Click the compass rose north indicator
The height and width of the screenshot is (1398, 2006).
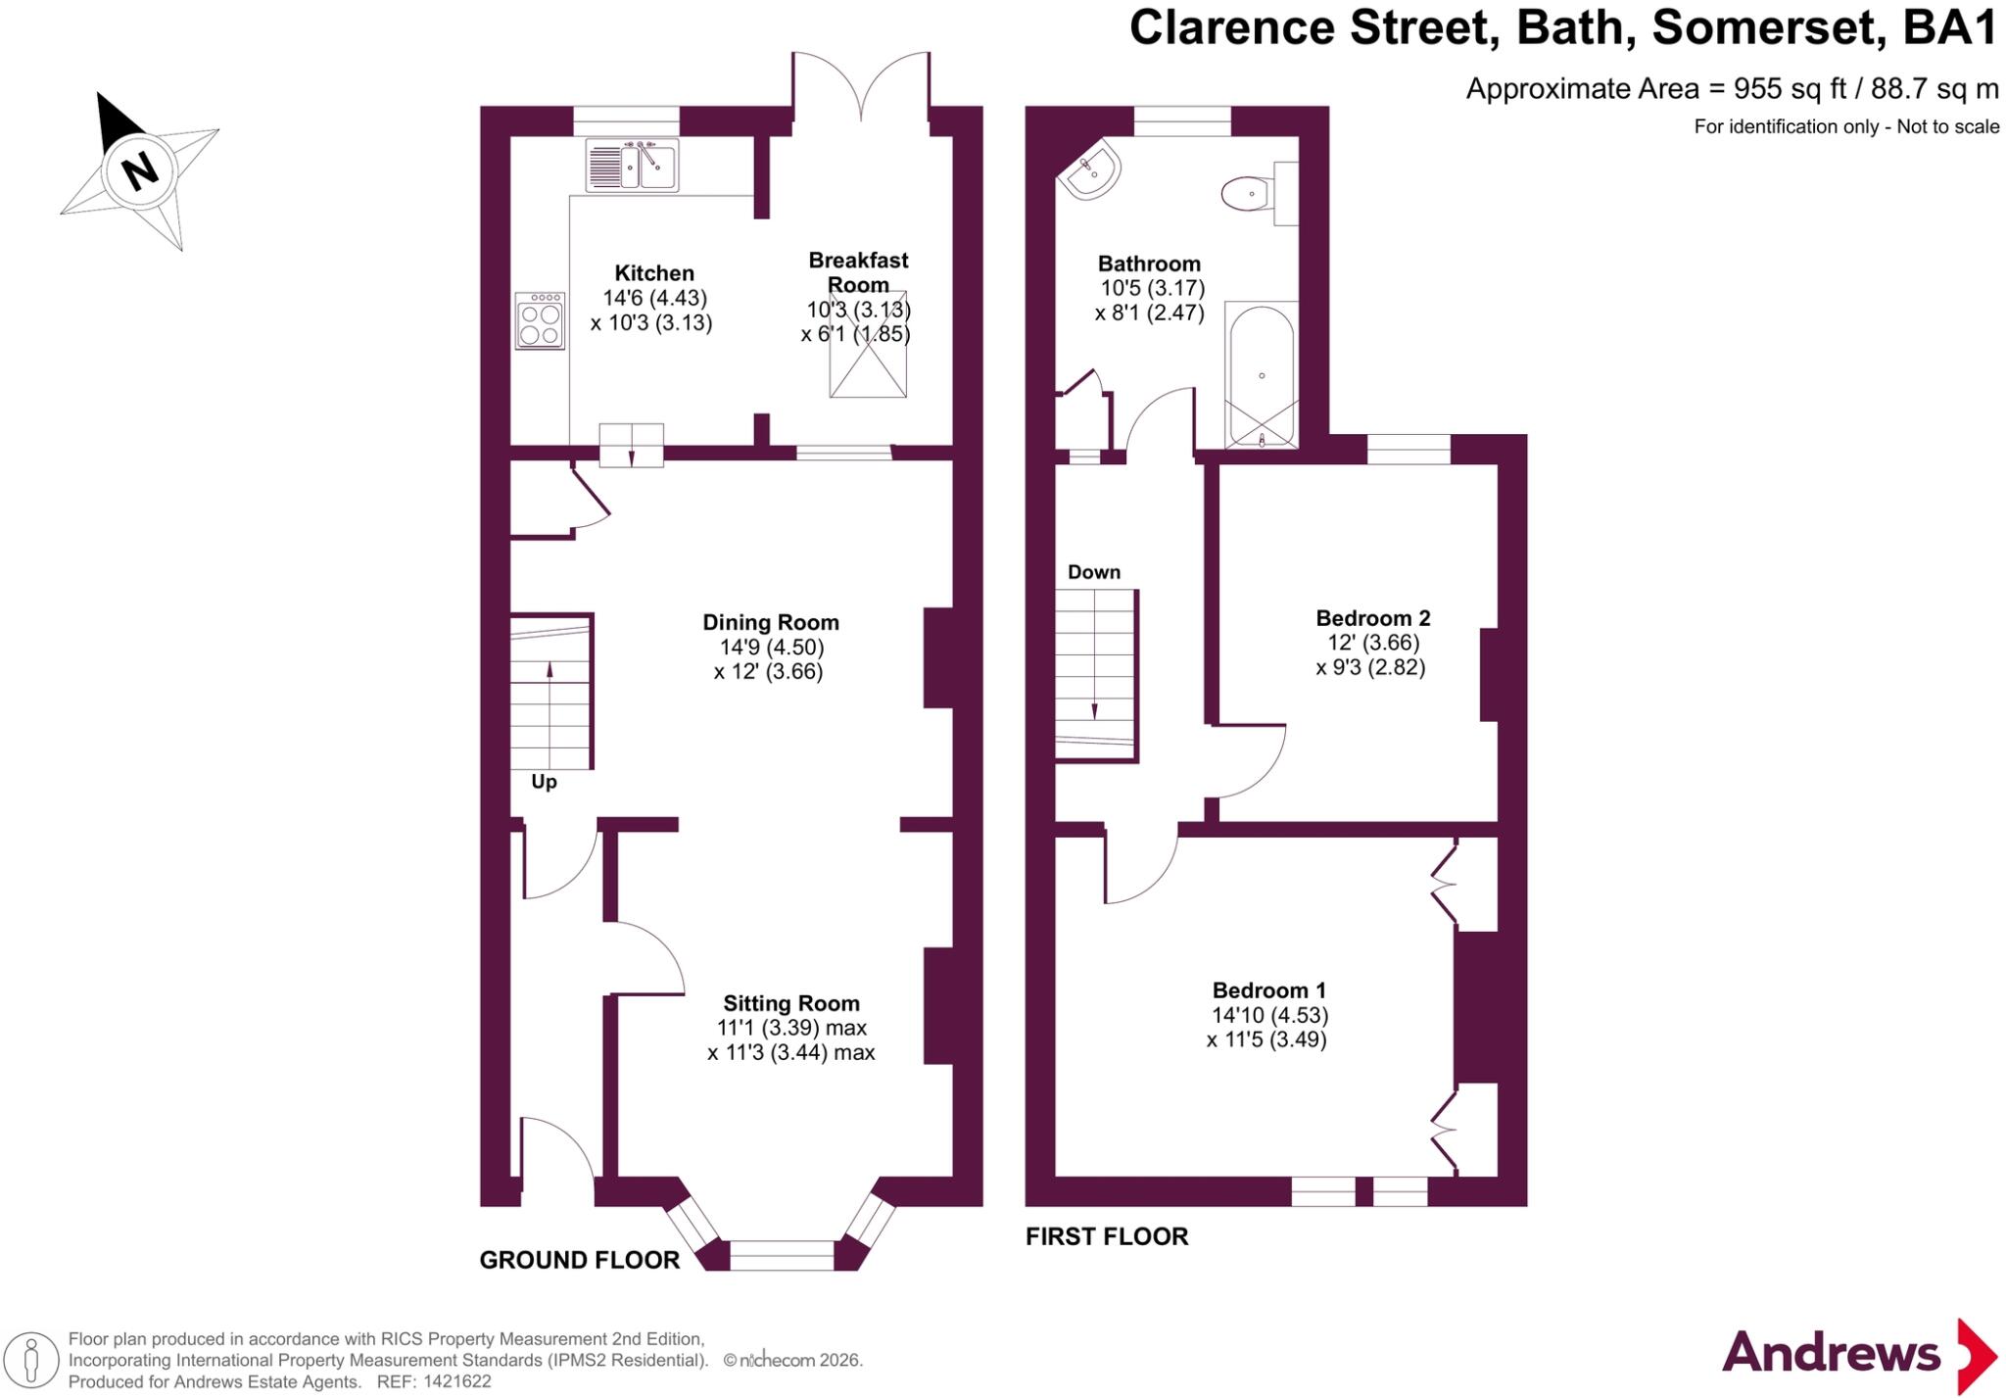pyautogui.click(x=139, y=171)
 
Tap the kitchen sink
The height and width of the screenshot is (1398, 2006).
pyautogui.click(x=632, y=165)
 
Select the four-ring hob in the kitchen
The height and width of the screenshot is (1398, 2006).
pyautogui.click(x=541, y=320)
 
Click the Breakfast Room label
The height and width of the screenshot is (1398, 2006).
pyautogui.click(x=858, y=272)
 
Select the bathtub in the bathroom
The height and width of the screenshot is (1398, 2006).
pyautogui.click(x=1262, y=375)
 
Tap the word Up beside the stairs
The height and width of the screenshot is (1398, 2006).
pyautogui.click(x=544, y=782)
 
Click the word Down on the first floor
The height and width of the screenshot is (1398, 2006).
pyautogui.click(x=1094, y=572)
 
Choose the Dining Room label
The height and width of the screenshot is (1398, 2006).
pyautogui.click(x=771, y=622)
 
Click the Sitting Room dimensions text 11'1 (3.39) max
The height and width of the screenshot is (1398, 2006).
pyautogui.click(x=791, y=1028)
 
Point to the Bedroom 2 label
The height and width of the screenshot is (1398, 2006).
pyautogui.click(x=1373, y=618)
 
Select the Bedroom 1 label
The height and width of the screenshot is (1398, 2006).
pyautogui.click(x=1269, y=990)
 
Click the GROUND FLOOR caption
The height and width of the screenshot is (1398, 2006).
pyautogui.click(x=580, y=1260)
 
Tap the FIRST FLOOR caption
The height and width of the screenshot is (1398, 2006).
pyautogui.click(x=1107, y=1236)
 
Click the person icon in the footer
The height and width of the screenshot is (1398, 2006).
pyautogui.click(x=32, y=1361)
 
